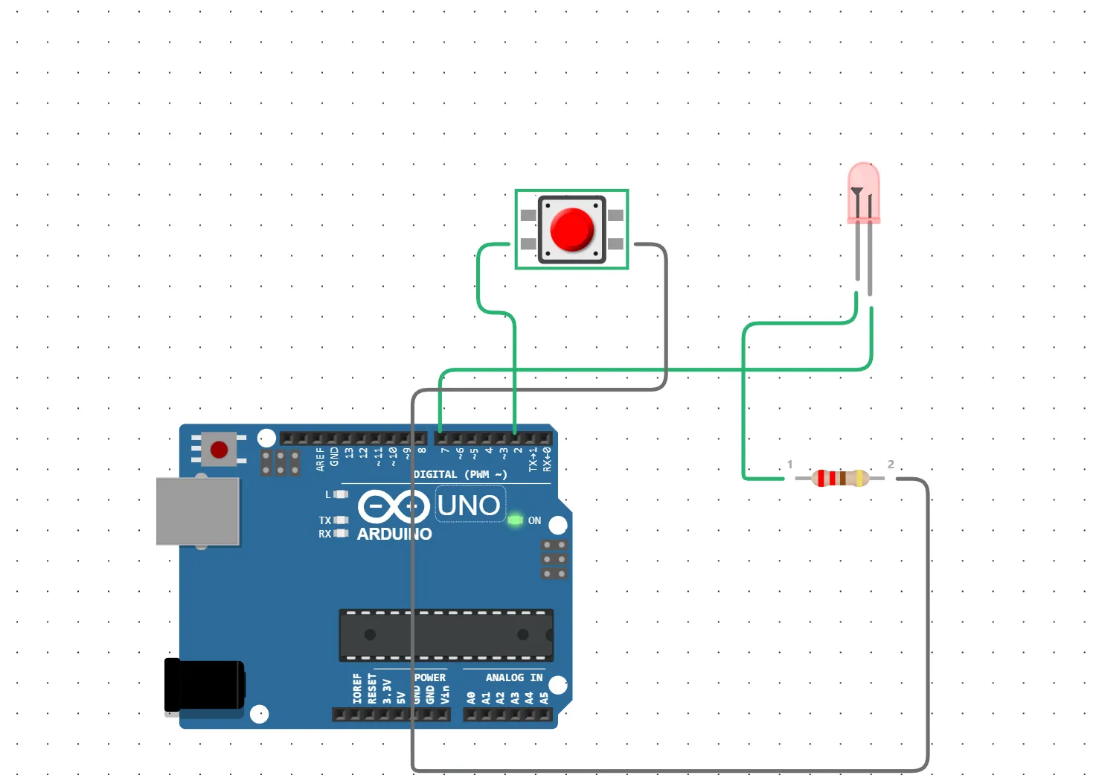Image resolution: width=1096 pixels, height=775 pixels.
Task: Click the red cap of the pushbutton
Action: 571,229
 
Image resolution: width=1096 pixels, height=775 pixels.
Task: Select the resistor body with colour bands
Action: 840,478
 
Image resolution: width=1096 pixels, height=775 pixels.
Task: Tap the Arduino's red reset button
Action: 219,450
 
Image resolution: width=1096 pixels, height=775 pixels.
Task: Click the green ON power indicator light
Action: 515,520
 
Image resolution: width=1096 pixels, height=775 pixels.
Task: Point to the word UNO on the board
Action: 469,505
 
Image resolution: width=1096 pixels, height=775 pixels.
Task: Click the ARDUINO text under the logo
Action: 394,534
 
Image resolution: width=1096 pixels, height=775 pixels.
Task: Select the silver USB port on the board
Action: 198,511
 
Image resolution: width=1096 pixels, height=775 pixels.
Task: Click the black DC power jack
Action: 205,685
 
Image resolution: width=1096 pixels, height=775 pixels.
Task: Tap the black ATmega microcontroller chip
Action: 446,635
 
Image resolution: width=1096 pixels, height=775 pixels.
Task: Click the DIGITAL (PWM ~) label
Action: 460,474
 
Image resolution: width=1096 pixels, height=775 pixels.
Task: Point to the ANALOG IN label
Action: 513,677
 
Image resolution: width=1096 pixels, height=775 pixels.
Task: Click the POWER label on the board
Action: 430,677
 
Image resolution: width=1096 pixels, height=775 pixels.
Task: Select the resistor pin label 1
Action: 790,465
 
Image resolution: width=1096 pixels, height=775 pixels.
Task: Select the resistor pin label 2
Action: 891,464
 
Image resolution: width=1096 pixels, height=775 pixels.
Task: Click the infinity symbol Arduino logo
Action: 393,506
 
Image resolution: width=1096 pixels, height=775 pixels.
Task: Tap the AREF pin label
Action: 320,459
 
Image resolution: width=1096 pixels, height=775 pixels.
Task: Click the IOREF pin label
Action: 357,689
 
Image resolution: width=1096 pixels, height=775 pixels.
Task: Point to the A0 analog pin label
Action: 471,698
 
